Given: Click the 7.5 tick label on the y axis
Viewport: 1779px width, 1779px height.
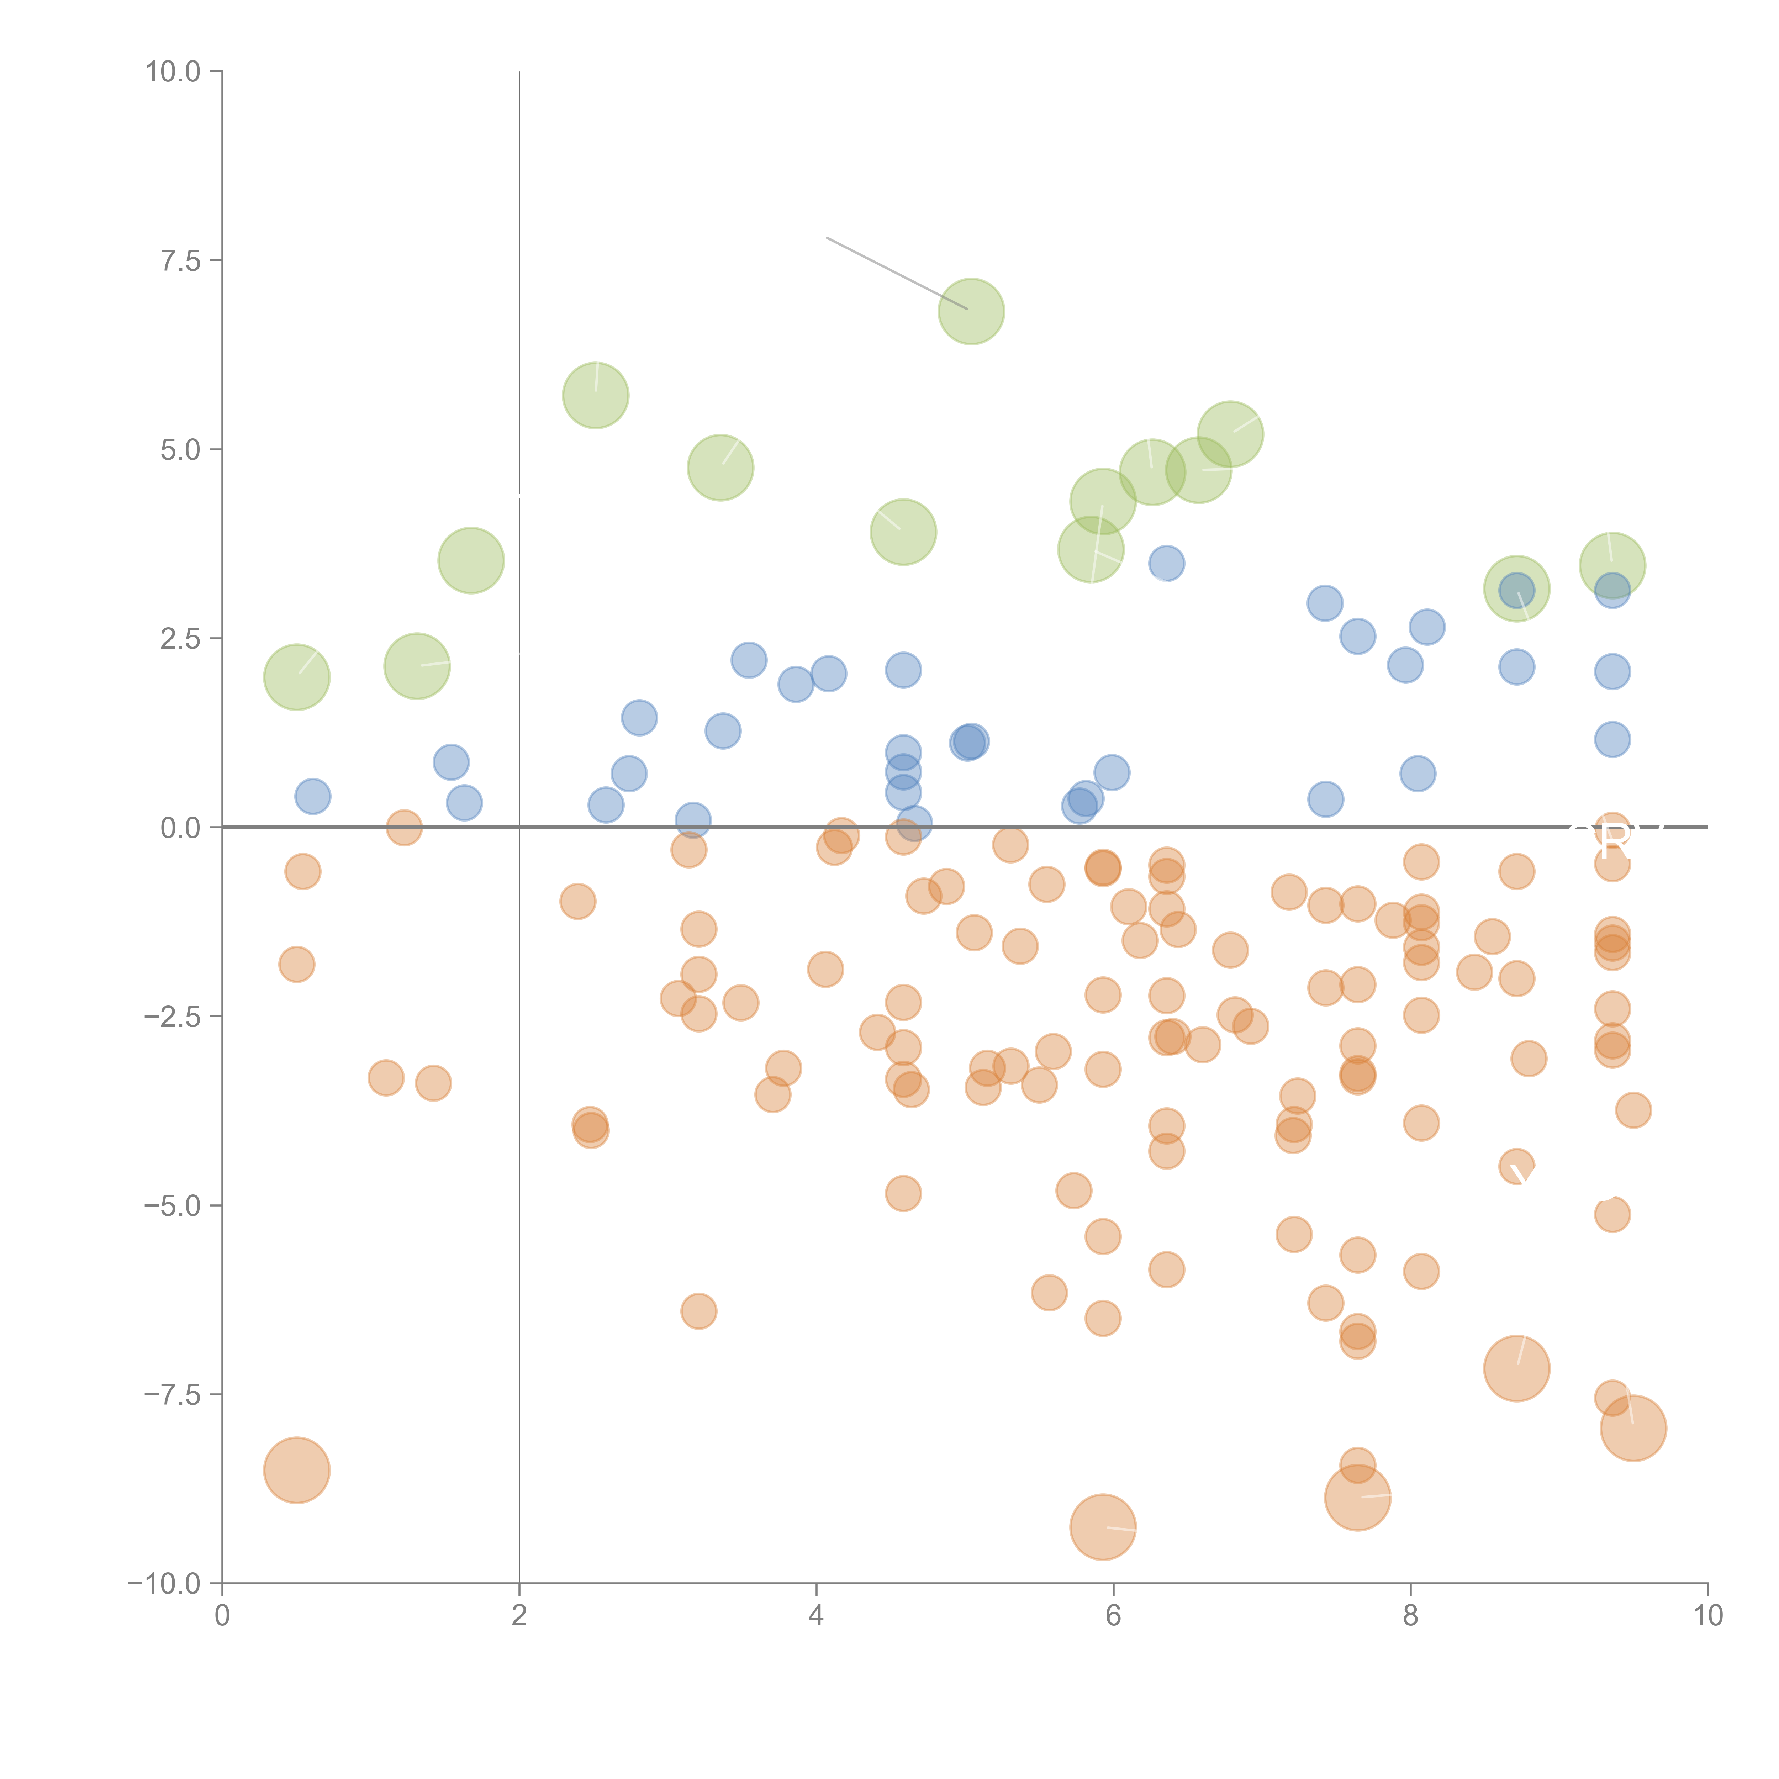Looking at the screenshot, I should (x=180, y=260).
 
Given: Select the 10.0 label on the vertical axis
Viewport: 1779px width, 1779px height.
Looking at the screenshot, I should (x=173, y=72).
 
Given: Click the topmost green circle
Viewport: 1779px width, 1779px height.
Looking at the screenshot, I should (x=971, y=311).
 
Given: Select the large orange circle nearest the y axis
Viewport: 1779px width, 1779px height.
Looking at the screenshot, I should (x=296, y=1469).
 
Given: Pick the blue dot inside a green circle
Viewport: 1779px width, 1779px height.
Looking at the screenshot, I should (x=1516, y=590).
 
